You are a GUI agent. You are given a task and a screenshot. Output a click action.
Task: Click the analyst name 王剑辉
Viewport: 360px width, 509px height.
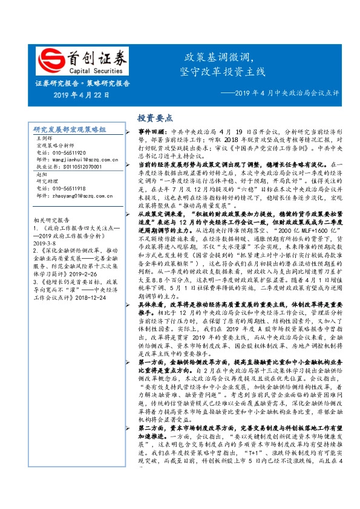[x=45, y=139]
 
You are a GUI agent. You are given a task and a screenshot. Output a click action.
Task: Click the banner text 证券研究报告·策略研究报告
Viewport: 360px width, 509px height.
[x=82, y=83]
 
